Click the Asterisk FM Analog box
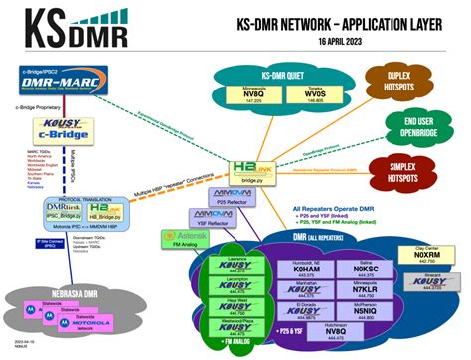(177, 239)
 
